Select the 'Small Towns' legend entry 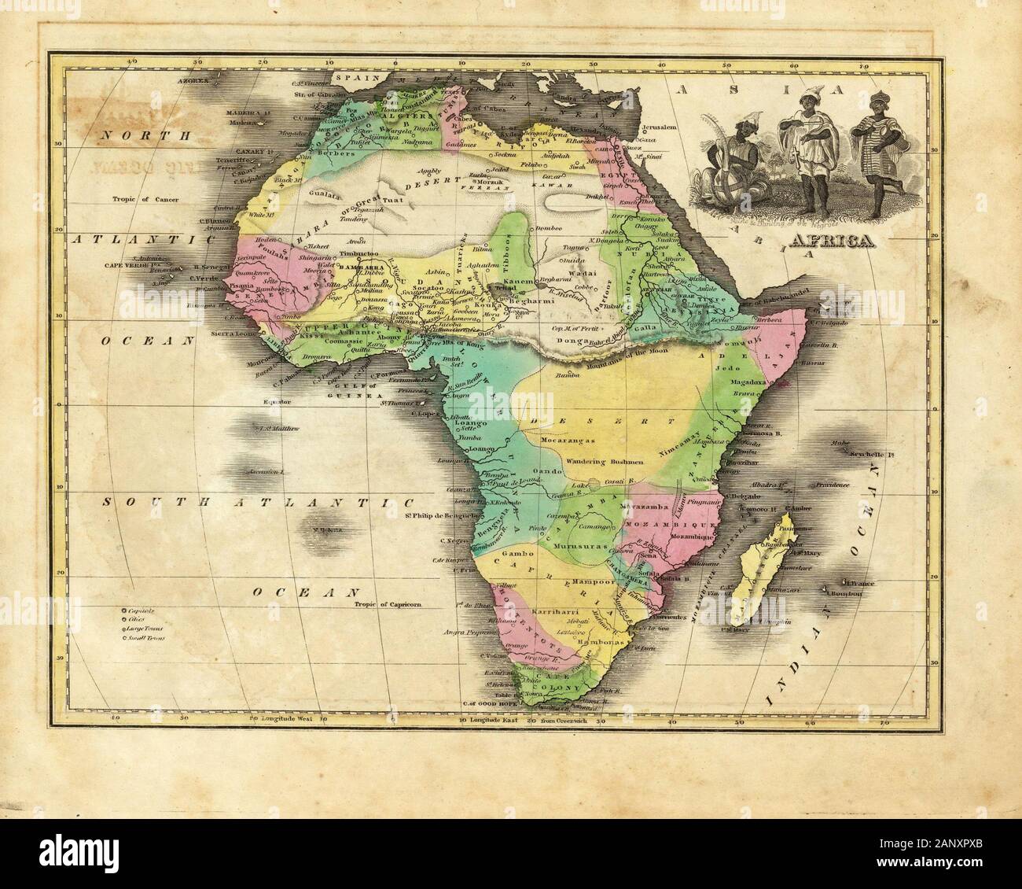[145, 638]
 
